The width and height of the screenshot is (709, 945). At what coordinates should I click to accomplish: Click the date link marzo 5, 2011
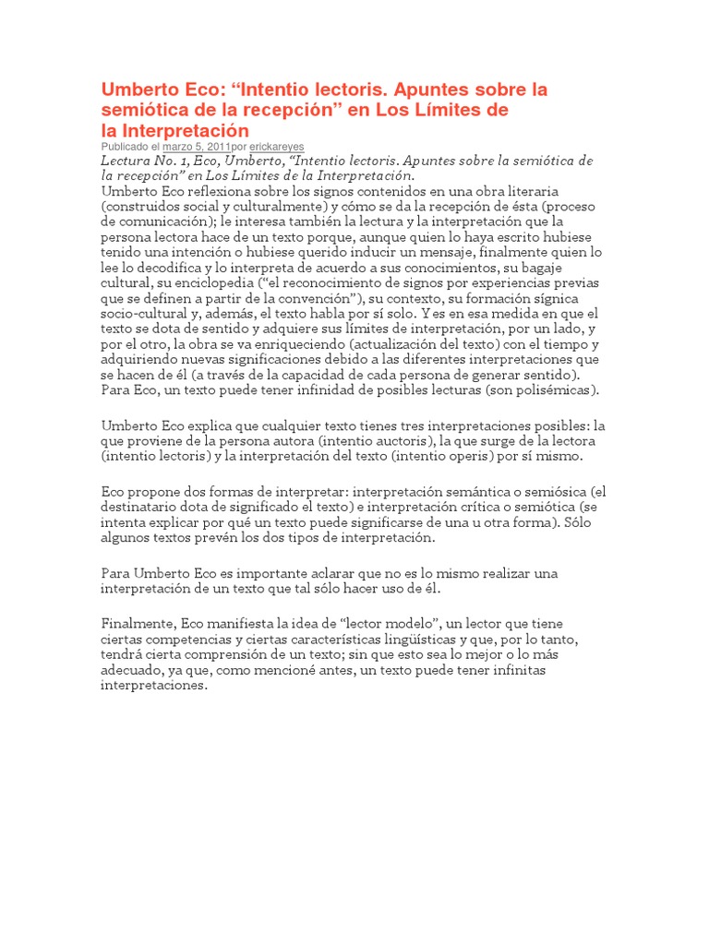[197, 146]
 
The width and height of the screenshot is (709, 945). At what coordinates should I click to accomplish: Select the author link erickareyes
[277, 146]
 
